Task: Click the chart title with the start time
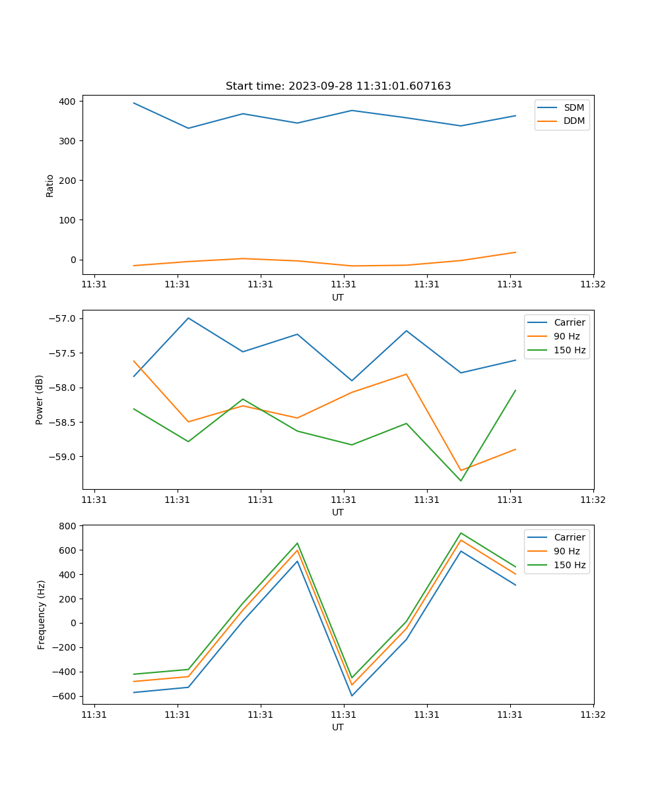click(338, 86)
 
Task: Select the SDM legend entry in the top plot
click(573, 107)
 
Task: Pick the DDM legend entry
click(573, 121)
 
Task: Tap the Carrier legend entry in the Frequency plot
click(569, 537)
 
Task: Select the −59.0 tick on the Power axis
click(63, 457)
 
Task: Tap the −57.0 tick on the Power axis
click(63, 319)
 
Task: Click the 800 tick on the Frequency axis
click(68, 526)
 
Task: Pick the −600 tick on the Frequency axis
click(65, 697)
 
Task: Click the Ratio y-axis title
click(50, 185)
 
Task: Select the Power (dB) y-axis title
click(40, 399)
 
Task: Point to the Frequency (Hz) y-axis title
click(41, 614)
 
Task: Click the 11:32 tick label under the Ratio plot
click(593, 285)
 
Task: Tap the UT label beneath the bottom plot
click(338, 727)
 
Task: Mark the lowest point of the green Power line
click(461, 481)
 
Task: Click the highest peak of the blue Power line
click(189, 318)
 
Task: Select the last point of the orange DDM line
click(515, 252)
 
